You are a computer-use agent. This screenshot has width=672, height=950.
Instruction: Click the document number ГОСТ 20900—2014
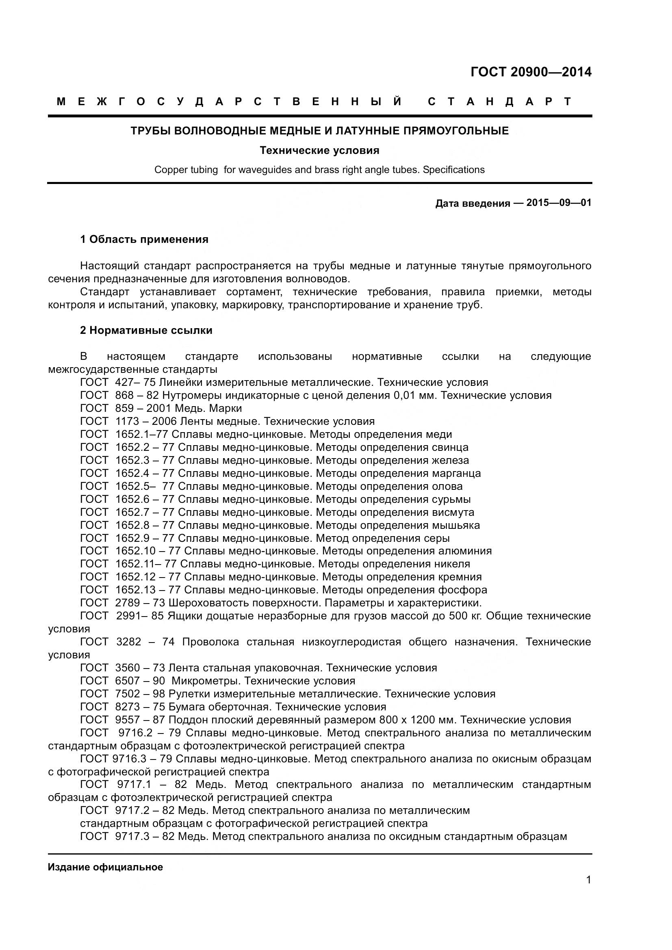pyautogui.click(x=531, y=72)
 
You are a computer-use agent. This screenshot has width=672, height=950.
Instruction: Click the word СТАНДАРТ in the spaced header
pyautogui.click(x=500, y=102)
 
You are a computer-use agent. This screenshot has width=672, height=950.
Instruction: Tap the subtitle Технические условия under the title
pyautogui.click(x=319, y=150)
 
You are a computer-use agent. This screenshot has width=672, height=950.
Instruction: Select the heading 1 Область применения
pyautogui.click(x=144, y=240)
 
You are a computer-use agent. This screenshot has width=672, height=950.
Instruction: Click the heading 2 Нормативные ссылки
pyautogui.click(x=146, y=331)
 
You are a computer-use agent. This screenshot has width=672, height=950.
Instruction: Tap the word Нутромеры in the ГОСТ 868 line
pyautogui.click(x=189, y=396)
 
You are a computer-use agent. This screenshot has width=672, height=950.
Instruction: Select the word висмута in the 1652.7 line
pyautogui.click(x=453, y=512)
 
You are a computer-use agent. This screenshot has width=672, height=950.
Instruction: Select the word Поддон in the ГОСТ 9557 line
pyautogui.click(x=187, y=720)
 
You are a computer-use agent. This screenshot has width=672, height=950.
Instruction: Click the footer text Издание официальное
pyautogui.click(x=105, y=867)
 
